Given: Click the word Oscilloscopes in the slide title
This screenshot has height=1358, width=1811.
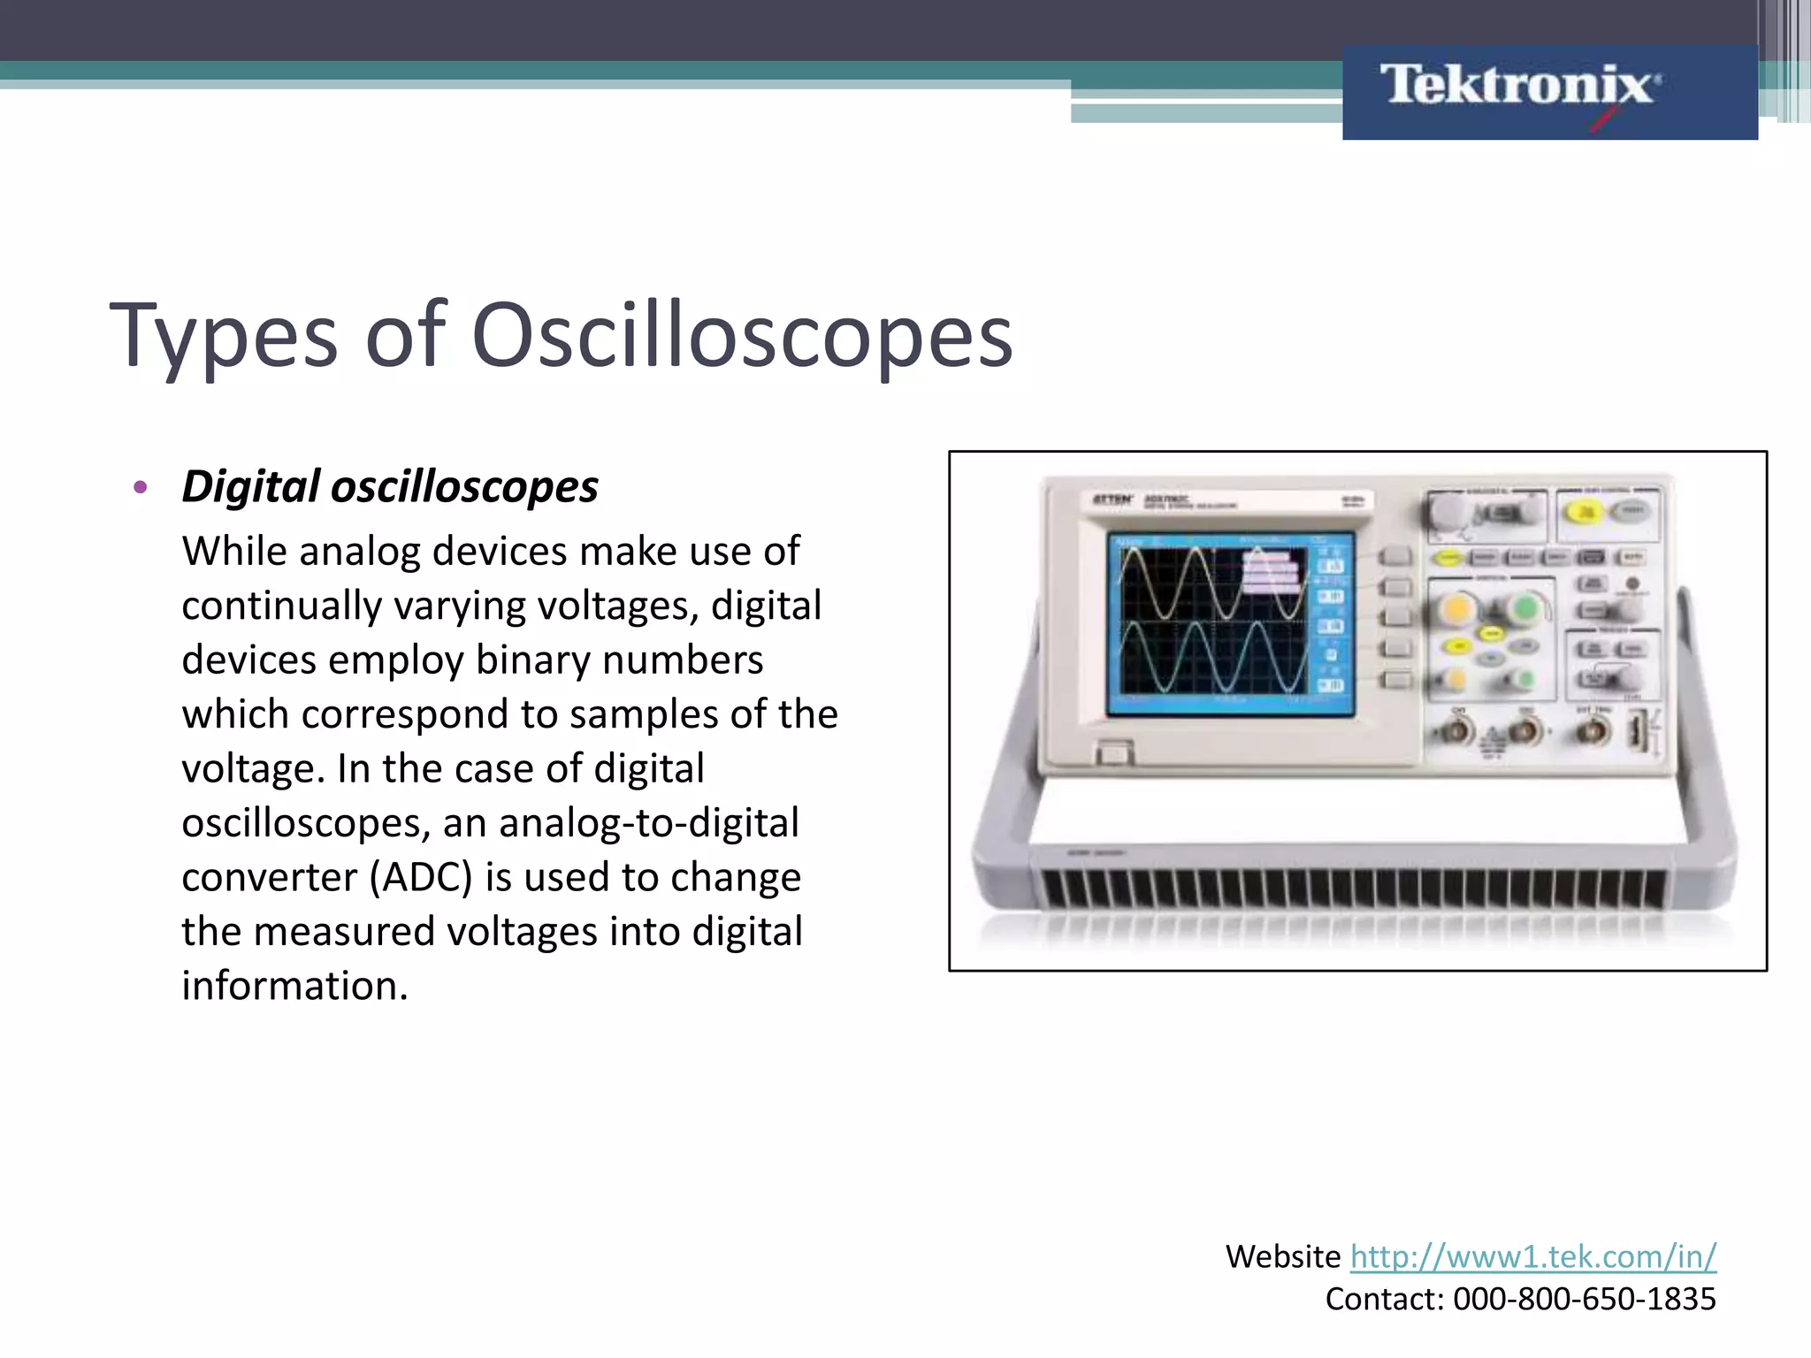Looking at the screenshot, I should [x=742, y=335].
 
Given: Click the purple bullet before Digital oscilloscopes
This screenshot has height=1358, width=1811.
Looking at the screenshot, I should [x=140, y=487].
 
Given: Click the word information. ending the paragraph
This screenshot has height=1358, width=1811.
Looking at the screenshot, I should [x=294, y=986].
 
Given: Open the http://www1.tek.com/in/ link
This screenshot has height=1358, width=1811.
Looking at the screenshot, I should [x=1532, y=1256].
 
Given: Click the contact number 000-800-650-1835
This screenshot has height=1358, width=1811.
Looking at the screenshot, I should [x=1584, y=1299].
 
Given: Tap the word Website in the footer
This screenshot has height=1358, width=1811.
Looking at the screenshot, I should [x=1282, y=1256].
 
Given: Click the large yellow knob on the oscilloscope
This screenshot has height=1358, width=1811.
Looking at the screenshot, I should [x=1456, y=609].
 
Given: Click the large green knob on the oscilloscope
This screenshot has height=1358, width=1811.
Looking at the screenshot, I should [x=1524, y=609].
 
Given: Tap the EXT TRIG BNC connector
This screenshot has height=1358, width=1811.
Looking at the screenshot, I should [x=1593, y=732].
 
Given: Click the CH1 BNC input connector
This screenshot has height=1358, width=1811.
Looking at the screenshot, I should [x=1456, y=732].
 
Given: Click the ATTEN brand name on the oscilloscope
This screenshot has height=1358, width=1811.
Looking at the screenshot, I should [x=1112, y=500].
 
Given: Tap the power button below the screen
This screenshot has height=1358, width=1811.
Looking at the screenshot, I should [x=1113, y=753].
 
